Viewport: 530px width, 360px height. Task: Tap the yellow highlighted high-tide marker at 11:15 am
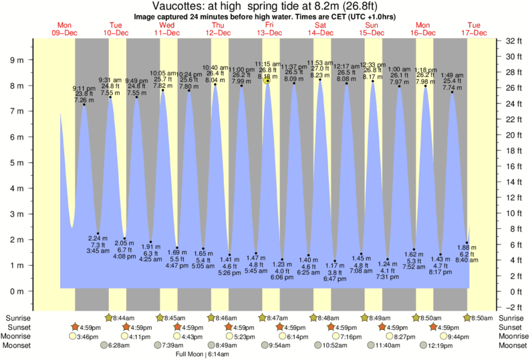pos(267,80)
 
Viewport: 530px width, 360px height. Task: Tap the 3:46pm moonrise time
pos(88,336)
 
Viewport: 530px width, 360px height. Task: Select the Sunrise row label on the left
pos(18,319)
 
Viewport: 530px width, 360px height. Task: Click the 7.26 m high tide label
pos(84,100)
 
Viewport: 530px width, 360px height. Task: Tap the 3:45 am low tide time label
pos(98,250)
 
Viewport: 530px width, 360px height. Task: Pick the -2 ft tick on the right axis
pos(511,307)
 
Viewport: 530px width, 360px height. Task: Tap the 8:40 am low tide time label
pos(468,260)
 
